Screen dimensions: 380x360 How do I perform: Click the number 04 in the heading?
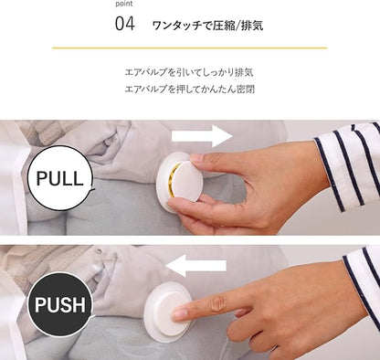tap(125, 24)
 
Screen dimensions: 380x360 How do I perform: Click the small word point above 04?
tap(124, 4)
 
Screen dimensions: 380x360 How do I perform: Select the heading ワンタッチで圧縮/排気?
tap(207, 26)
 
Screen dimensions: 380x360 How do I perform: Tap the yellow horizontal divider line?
tap(189, 48)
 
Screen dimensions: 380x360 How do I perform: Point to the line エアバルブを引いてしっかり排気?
tap(189, 72)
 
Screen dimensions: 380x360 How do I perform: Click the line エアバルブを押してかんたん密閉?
tap(190, 90)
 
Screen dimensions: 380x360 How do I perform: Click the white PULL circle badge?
tap(59, 178)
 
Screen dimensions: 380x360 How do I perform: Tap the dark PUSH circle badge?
tap(59, 304)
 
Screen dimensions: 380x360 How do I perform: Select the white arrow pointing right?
tap(202, 136)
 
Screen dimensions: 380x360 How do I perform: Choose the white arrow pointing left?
tap(196, 266)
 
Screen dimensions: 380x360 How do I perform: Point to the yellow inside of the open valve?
tap(174, 180)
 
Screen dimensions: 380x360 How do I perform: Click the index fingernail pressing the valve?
tap(180, 314)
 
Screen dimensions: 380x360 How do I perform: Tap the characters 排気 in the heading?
tap(252, 26)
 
